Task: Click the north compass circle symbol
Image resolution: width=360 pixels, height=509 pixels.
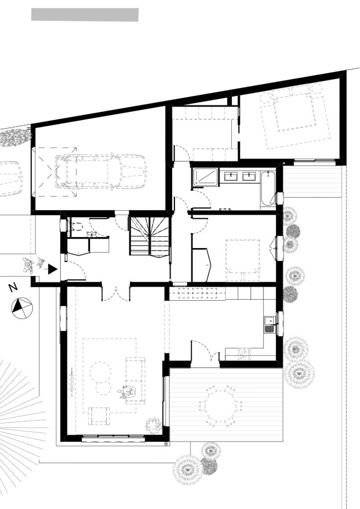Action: point(22,308)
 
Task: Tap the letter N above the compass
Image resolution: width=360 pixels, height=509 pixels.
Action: point(13,287)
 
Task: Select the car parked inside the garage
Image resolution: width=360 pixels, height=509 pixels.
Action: point(100,171)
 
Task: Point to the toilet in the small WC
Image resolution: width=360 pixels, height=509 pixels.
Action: point(75,227)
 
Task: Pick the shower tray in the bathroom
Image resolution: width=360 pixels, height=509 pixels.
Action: point(206,178)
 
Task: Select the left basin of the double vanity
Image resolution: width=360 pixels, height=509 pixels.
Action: point(231,176)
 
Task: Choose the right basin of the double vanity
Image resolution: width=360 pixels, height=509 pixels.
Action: point(249,176)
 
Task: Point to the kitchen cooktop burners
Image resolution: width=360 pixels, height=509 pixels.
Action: point(245,354)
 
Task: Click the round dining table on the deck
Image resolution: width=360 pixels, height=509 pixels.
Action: point(220,406)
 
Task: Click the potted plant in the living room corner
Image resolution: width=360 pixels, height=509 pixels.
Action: point(154,425)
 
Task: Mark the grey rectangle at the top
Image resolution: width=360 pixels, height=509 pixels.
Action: point(85,15)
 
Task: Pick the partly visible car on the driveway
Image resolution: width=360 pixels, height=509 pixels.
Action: point(10,178)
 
